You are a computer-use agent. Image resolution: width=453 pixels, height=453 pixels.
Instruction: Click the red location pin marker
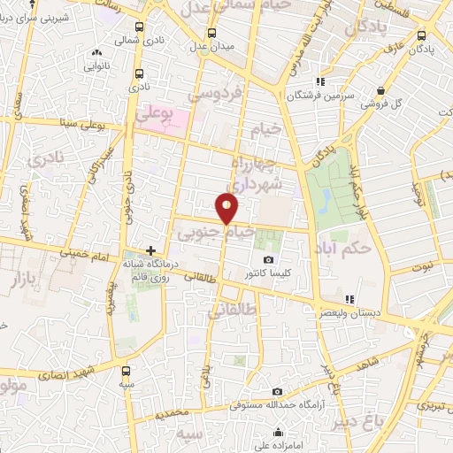[x=227, y=208]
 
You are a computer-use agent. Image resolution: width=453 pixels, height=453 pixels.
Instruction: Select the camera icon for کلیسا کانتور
[x=269, y=261]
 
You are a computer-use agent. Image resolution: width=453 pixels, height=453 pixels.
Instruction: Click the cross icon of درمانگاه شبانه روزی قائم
[x=151, y=251]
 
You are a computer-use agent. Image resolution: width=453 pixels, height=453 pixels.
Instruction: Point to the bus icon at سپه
[x=126, y=372]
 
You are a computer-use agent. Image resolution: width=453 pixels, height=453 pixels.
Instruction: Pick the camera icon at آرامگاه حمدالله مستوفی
[x=277, y=392]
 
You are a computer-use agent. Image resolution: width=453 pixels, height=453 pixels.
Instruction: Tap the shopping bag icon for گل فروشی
[x=380, y=90]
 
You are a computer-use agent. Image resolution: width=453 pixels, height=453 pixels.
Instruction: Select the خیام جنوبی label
[x=216, y=234]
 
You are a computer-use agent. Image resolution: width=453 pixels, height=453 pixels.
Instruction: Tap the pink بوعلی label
[x=154, y=113]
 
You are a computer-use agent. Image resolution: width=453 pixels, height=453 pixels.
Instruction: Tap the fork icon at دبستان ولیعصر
[x=349, y=299]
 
